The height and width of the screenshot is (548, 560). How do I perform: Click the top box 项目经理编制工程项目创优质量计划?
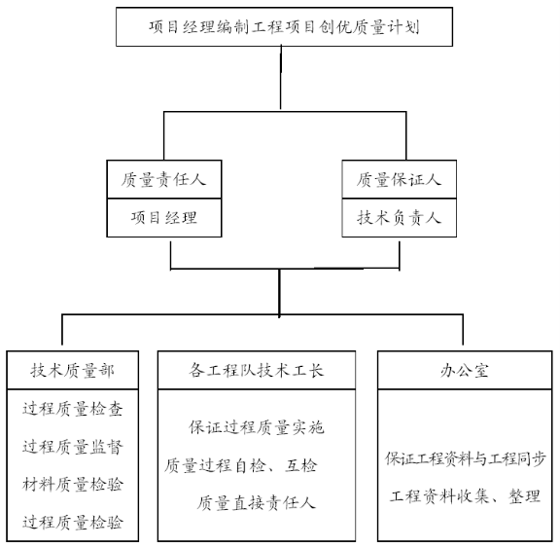[284, 27]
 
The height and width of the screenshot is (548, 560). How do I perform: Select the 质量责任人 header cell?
[164, 179]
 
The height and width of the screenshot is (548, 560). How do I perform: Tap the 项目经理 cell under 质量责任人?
[164, 218]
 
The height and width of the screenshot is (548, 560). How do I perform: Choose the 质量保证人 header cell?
[399, 179]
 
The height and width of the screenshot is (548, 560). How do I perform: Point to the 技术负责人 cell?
[399, 218]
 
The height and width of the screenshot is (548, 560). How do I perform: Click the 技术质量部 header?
[73, 370]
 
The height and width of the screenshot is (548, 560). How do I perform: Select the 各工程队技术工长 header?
[257, 370]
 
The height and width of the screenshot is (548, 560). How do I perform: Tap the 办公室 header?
[465, 370]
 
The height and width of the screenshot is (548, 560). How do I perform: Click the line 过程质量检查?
[73, 409]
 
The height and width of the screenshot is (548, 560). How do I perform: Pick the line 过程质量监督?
[73, 447]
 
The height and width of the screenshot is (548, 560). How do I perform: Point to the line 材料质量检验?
[73, 485]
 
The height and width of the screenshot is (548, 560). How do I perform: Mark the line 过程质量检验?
[73, 523]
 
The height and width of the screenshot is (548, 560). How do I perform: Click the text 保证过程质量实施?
[257, 427]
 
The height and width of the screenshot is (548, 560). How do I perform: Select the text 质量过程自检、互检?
[241, 466]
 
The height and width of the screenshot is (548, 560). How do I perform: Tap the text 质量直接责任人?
[257, 503]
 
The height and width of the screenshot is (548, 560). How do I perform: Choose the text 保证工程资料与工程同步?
[465, 458]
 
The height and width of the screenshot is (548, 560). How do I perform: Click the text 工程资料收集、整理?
[465, 496]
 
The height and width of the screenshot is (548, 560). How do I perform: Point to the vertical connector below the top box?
[281, 77]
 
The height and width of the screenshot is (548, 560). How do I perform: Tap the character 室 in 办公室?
[480, 371]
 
